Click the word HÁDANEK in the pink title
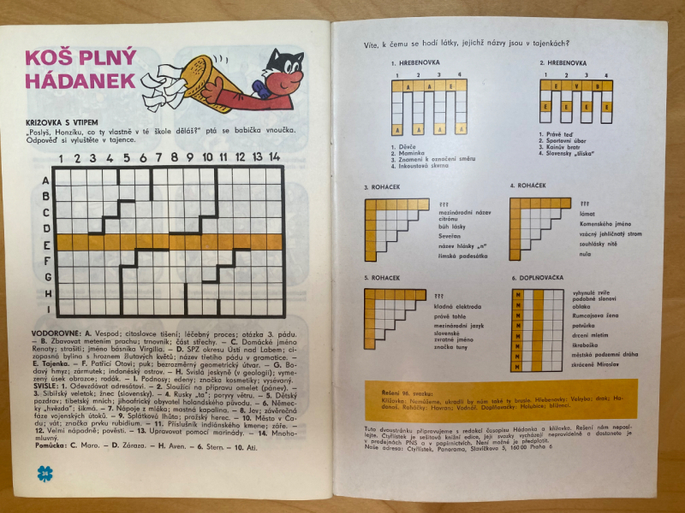(x=80, y=80)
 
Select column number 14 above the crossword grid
(x=274, y=158)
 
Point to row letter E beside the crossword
(x=45, y=245)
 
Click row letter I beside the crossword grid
(x=45, y=309)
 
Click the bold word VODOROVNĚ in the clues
(x=54, y=329)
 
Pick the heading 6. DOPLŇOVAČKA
(x=542, y=277)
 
